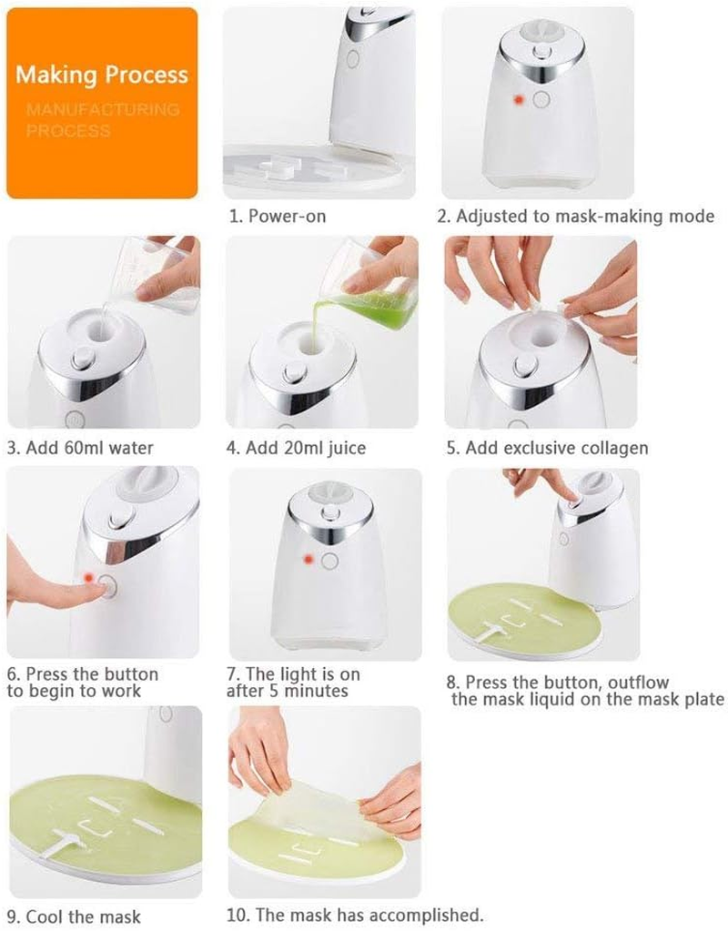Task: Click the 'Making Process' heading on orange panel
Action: pos(101,75)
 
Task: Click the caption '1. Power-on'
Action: pos(276,217)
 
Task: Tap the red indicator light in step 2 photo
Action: pos(517,98)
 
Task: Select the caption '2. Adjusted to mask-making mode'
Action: pos(575,217)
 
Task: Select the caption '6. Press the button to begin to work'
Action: pos(83,683)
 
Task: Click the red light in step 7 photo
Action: pos(308,558)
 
